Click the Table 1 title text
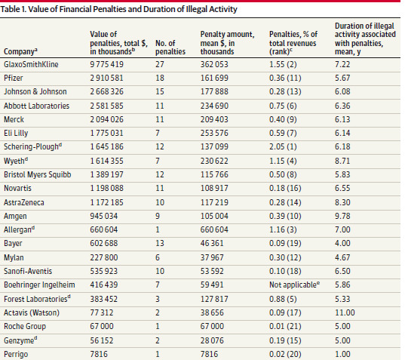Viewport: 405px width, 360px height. [118, 9]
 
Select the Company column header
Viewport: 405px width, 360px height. [20, 51]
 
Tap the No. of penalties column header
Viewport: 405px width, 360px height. [170, 48]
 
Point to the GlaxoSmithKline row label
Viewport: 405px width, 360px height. [31, 64]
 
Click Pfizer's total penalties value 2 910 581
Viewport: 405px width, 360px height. [106, 78]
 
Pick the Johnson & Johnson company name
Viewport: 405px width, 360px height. [35, 92]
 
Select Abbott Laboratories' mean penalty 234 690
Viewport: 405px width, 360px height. [214, 106]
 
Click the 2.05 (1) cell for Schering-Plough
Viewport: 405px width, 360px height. [283, 146]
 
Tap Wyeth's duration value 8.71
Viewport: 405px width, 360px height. [342, 161]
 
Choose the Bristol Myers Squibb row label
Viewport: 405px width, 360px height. [37, 174]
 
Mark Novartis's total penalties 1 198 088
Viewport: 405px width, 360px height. [106, 188]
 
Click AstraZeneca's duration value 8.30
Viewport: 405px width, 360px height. [342, 202]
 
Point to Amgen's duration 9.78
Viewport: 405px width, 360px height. [342, 216]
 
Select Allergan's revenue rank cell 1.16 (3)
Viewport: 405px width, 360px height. [283, 229]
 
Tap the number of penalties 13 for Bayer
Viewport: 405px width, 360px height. [160, 243]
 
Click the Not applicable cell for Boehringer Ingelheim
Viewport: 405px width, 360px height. [294, 285]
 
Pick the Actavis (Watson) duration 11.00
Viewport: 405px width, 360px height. [345, 312]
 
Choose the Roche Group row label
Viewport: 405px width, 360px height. [25, 326]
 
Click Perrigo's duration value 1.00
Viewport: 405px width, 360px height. [342, 354]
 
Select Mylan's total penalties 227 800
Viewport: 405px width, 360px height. [103, 257]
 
